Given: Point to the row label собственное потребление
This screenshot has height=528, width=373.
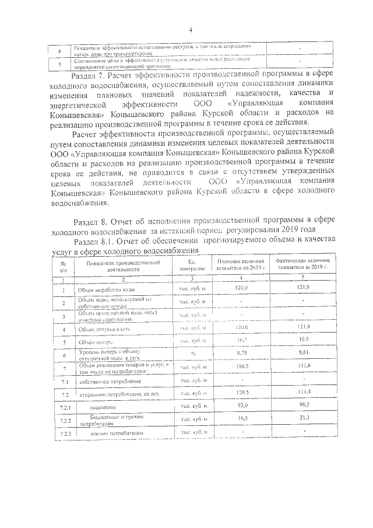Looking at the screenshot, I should pos(110,381).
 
